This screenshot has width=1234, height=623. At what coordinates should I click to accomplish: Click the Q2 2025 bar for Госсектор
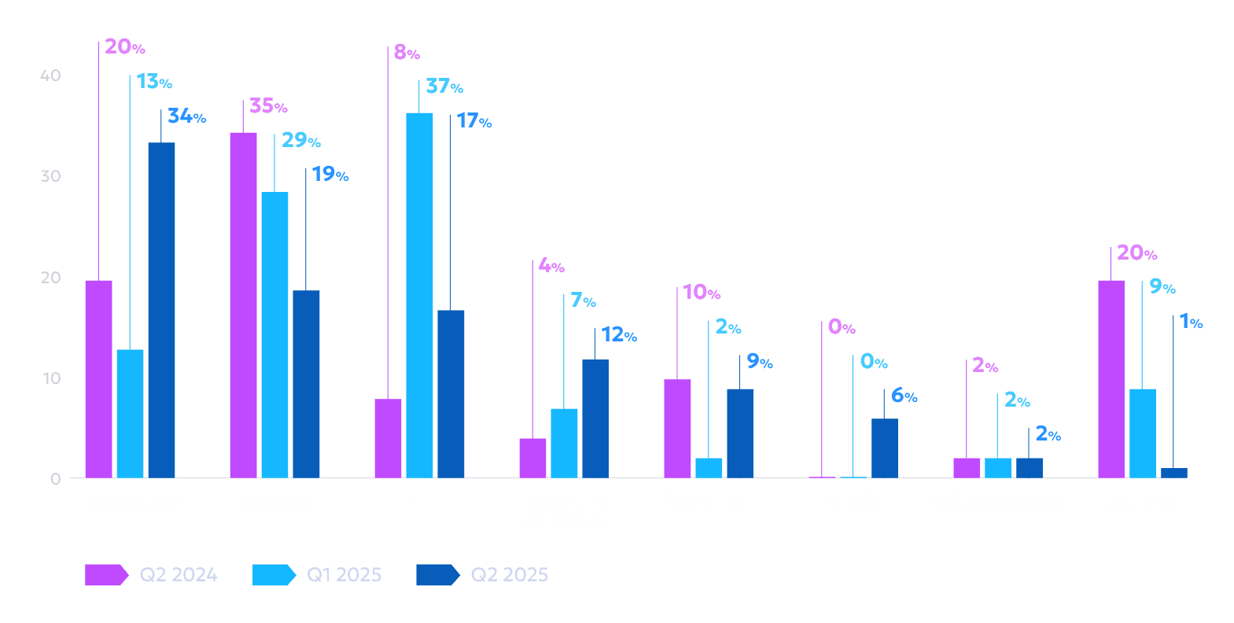(x=161, y=310)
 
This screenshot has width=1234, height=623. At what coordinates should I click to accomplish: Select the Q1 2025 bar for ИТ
(x=419, y=295)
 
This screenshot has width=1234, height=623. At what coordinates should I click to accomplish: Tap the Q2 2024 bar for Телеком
(x=243, y=305)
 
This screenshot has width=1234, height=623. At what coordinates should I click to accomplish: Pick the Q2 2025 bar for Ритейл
(x=884, y=448)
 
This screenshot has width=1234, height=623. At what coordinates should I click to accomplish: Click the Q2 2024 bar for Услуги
(x=1111, y=378)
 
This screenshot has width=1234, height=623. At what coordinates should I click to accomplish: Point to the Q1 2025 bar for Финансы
(x=708, y=467)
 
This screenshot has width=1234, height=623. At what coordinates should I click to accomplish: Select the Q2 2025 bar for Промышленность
(x=595, y=418)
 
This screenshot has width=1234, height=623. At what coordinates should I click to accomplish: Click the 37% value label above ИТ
(x=444, y=86)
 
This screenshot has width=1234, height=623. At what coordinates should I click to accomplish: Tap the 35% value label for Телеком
(x=268, y=105)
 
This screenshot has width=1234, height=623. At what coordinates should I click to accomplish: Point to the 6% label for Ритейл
(x=904, y=396)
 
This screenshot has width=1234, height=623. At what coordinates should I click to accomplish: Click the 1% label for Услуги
(x=1191, y=322)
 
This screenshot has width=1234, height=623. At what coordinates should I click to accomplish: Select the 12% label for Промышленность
(x=618, y=335)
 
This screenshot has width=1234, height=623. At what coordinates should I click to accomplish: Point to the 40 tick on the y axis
(x=50, y=76)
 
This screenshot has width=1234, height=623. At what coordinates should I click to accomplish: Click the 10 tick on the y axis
(x=51, y=378)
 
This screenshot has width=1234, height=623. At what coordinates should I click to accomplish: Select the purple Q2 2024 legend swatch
(x=105, y=575)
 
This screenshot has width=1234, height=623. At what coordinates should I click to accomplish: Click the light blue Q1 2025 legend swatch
(x=273, y=575)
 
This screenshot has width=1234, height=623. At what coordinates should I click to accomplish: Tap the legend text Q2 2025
(x=509, y=575)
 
